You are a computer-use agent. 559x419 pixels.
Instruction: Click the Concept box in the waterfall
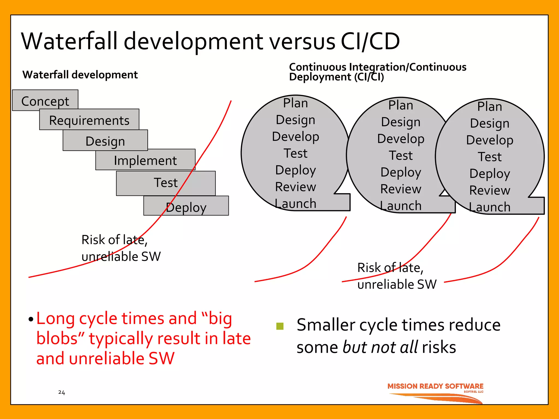click(45, 100)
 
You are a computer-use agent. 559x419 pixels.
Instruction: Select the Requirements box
click(89, 120)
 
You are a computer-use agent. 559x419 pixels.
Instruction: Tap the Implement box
click(145, 160)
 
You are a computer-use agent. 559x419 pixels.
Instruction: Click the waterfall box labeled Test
click(166, 182)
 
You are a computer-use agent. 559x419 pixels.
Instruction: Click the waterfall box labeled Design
click(105, 141)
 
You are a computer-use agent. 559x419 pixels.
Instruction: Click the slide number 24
click(61, 392)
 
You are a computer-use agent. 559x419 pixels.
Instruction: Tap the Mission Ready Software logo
click(435, 393)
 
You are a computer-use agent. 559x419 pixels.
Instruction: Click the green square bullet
click(280, 326)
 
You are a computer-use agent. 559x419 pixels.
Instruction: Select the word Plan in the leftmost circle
click(295, 103)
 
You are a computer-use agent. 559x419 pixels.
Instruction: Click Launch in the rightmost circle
click(490, 207)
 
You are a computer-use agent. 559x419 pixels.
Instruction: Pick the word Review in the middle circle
click(401, 189)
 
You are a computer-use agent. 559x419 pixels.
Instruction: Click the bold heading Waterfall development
click(80, 74)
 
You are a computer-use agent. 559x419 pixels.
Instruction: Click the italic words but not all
click(380, 347)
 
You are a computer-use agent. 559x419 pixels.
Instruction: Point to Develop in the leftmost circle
click(296, 136)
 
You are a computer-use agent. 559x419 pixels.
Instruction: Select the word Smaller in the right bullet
click(326, 325)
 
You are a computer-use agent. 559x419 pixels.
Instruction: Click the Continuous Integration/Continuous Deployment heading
click(377, 72)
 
